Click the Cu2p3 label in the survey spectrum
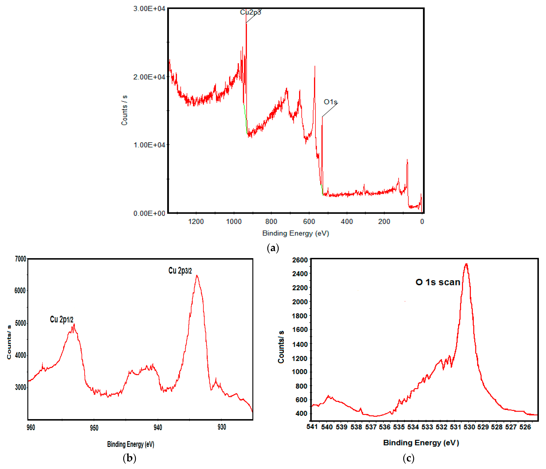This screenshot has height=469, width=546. click(250, 12)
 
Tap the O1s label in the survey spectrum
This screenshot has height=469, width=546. click(330, 102)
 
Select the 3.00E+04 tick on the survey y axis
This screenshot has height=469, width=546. click(149, 9)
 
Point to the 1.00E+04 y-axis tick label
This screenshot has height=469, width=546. click(149, 145)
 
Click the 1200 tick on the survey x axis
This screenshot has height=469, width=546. click(196, 222)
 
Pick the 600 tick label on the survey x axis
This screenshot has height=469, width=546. click(309, 222)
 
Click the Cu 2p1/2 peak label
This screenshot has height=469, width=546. click(62, 319)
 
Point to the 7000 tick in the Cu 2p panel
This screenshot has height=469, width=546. click(21, 259)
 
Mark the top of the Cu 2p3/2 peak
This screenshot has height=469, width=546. click(197, 276)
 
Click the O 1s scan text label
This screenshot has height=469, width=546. click(438, 282)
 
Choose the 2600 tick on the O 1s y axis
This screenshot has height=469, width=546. click(300, 260)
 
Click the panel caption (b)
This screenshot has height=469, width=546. click(129, 458)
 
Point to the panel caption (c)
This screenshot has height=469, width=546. click(408, 458)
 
